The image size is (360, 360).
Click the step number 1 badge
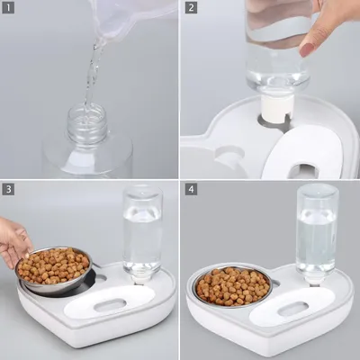pyautogui.click(x=8, y=8)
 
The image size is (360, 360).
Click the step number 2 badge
pyautogui.click(x=191, y=8)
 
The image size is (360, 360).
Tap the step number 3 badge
pyautogui.click(x=8, y=189)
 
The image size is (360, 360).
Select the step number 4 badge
pyautogui.click(x=191, y=189)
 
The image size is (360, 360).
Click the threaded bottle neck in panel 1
pyautogui.click(x=87, y=123)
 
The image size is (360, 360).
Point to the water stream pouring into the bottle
pyautogui.click(x=92, y=75)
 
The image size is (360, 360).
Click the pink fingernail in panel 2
pyautogui.click(x=307, y=49)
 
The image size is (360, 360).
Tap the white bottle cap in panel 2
pyautogui.click(x=276, y=109)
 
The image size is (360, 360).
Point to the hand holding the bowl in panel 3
pyautogui.click(x=13, y=241)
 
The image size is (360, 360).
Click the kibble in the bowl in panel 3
pyautogui.click(x=53, y=265)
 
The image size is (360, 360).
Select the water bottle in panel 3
pyautogui.click(x=143, y=234)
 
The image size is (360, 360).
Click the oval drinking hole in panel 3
pyautogui.click(x=110, y=305)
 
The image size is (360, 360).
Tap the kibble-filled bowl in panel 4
pyautogui.click(x=233, y=286)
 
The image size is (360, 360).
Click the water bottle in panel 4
pyautogui.click(x=318, y=234)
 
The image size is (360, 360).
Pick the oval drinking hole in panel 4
pyautogui.click(x=293, y=309)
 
